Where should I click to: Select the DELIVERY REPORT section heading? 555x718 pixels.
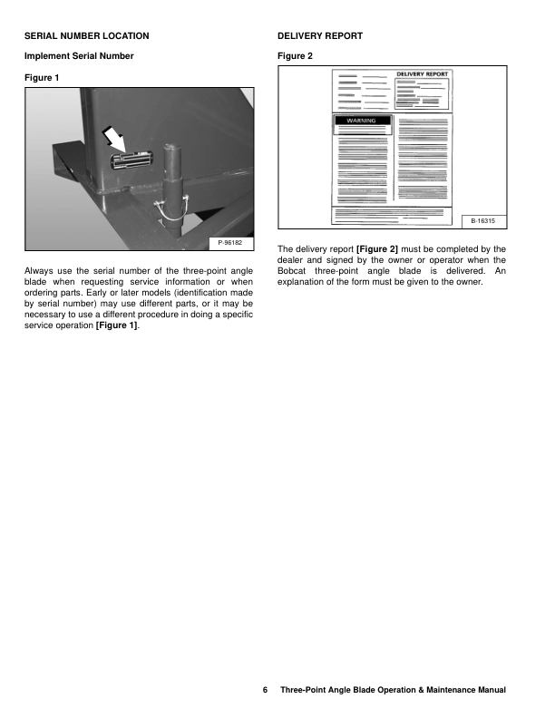(x=320, y=35)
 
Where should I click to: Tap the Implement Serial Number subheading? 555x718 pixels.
(x=79, y=56)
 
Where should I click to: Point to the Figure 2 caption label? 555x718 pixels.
(x=296, y=56)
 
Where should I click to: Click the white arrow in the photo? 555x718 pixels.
(x=113, y=140)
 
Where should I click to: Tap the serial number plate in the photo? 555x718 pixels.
(x=129, y=160)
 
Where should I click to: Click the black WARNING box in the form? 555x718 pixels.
(x=363, y=121)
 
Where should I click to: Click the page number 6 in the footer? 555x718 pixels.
(x=265, y=691)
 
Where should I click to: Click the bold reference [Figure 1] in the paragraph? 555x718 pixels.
(x=116, y=326)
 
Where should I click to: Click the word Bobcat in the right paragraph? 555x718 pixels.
(x=293, y=269)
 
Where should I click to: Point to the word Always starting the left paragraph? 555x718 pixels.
(x=41, y=269)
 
